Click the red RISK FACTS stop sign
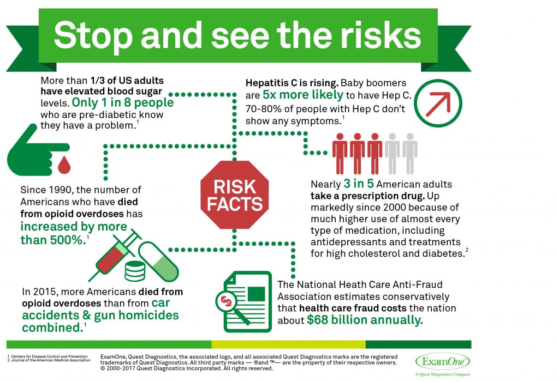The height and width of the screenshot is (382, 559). pyautogui.click(x=234, y=195)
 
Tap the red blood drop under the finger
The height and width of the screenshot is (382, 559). pyautogui.click(x=64, y=165)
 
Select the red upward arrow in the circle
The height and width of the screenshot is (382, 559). pyautogui.click(x=438, y=104)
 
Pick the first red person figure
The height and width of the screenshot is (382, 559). pyautogui.click(x=340, y=154)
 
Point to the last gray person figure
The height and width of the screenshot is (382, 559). pyautogui.click(x=410, y=154)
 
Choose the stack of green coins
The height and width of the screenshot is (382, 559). pyautogui.click(x=135, y=271)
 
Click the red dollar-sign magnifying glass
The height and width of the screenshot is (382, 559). pyautogui.click(x=231, y=306)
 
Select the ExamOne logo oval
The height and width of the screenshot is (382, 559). pyautogui.click(x=442, y=362)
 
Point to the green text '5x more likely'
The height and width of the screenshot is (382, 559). pyautogui.click(x=302, y=95)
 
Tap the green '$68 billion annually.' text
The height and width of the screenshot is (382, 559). pyautogui.click(x=365, y=320)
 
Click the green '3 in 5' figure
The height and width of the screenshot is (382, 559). pyautogui.click(x=358, y=183)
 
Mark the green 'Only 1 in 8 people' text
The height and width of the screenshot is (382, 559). pyautogui.click(x=123, y=102)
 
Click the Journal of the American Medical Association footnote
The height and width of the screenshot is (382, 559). pyautogui.click(x=49, y=360)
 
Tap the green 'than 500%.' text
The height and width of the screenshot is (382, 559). pyautogui.click(x=53, y=240)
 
